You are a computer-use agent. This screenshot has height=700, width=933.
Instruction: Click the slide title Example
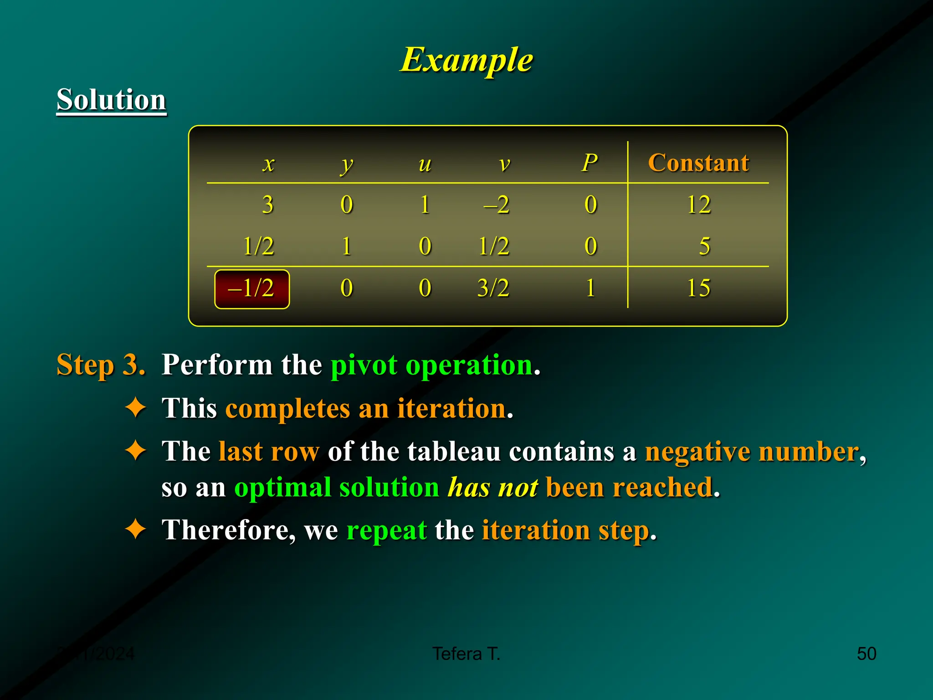click(466, 60)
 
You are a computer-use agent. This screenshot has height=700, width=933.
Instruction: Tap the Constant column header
click(698, 163)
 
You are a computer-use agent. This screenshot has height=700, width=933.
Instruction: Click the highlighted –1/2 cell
click(251, 289)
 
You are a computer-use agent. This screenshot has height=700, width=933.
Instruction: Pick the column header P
click(590, 163)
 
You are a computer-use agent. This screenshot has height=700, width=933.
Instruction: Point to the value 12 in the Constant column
click(698, 204)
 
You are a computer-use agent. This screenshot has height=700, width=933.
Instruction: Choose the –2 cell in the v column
click(497, 204)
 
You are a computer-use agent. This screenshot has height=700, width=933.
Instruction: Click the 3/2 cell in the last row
click(493, 288)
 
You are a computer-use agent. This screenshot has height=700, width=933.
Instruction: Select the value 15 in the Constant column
click(698, 288)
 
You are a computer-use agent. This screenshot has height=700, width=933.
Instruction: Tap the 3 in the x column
click(268, 204)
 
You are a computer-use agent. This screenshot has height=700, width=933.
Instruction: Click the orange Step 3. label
click(101, 365)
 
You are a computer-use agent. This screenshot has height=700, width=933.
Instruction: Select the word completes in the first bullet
click(288, 408)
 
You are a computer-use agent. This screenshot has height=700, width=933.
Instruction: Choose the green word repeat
click(386, 530)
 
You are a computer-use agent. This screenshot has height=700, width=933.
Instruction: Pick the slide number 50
click(866, 654)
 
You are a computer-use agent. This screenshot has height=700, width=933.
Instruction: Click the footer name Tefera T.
click(466, 654)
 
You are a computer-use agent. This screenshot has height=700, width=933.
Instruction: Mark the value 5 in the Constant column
click(704, 246)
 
